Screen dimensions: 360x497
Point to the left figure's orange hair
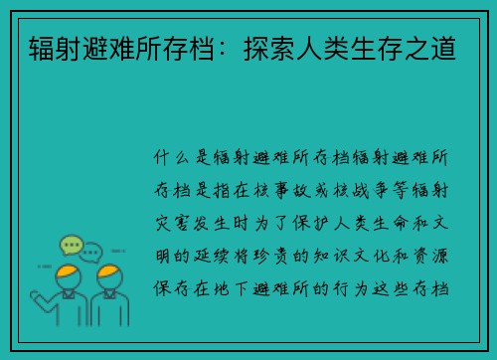69,270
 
